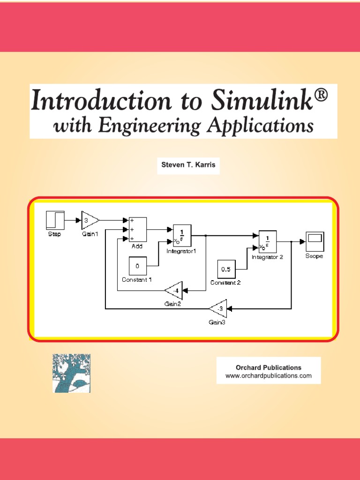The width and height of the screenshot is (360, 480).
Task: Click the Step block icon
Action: [54, 220]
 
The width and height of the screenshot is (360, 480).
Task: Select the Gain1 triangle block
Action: [90, 220]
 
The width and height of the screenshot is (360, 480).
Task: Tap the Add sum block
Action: [138, 229]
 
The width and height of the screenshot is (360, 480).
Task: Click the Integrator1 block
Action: [182, 236]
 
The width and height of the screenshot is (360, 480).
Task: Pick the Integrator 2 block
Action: [268, 242]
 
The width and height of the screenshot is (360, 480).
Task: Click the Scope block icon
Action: [314, 242]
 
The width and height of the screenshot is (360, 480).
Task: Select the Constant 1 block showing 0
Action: [138, 266]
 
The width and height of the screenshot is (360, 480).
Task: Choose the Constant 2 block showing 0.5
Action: [226, 270]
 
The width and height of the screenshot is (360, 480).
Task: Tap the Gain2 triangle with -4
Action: [174, 291]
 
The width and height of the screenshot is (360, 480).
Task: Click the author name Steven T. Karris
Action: [188, 165]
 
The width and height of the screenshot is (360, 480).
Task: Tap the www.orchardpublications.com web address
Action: [268, 376]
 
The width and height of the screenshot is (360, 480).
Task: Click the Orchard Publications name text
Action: [268, 367]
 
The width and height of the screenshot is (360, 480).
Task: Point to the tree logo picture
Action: [71, 373]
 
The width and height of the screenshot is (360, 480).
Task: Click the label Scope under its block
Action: [314, 256]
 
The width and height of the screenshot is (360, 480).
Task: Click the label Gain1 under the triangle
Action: [90, 234]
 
